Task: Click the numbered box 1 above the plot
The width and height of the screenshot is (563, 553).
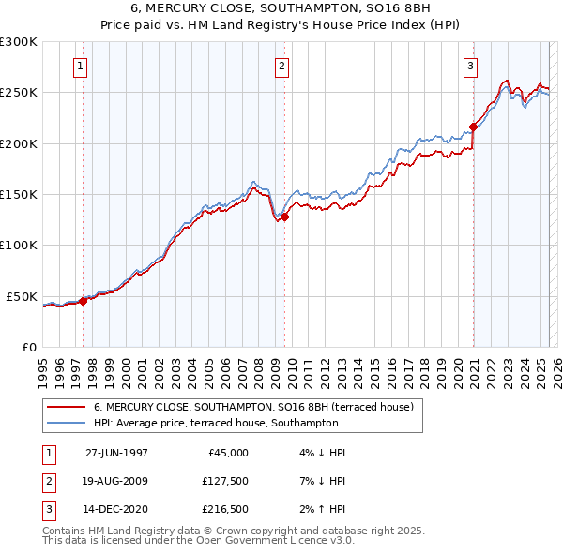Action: click(81, 66)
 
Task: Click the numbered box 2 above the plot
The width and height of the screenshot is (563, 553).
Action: click(281, 66)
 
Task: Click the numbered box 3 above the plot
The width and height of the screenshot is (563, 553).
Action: click(470, 66)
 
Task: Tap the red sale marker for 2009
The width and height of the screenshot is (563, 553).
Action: click(284, 217)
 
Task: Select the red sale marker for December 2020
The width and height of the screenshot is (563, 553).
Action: click(474, 127)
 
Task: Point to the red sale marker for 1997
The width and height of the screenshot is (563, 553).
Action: click(83, 301)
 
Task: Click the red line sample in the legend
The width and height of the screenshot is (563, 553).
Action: click(66, 408)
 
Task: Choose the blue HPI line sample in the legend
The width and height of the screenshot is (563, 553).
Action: click(66, 423)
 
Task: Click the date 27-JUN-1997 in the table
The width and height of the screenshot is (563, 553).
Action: click(116, 453)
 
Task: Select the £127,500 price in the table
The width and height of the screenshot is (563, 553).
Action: click(223, 482)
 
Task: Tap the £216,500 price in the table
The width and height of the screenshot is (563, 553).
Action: click(223, 511)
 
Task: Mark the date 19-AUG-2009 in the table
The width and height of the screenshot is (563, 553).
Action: click(116, 482)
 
